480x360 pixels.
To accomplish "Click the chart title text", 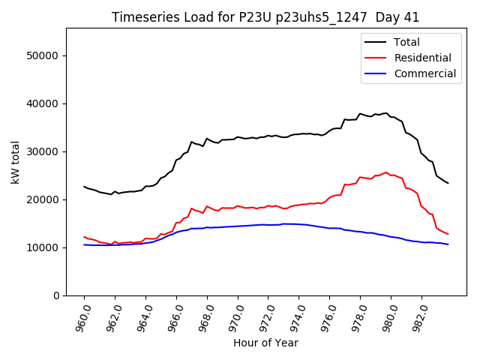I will [265, 17].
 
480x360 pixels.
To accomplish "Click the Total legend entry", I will [406, 42].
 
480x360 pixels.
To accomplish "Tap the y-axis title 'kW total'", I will [15, 162].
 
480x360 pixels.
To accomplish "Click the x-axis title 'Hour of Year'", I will [265, 343].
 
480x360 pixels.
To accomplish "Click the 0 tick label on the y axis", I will [55, 295].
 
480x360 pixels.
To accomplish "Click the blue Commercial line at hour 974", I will [299, 224].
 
